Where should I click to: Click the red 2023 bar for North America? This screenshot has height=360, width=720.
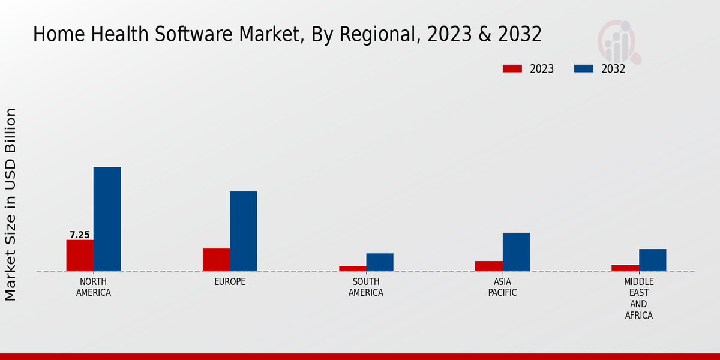tap(80, 256)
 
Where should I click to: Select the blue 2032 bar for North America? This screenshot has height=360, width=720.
tap(107, 219)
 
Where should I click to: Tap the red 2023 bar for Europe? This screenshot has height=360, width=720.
tap(216, 260)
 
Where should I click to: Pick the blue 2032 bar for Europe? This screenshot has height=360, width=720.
tap(244, 231)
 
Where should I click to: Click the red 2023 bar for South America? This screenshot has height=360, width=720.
tap(353, 268)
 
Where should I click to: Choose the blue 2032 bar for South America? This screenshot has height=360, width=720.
tap(380, 262)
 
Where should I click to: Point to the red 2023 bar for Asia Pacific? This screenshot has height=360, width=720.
tap(489, 266)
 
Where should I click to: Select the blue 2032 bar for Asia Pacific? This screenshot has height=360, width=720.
tap(516, 252)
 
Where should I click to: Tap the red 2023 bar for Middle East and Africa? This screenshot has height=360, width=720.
tap(625, 268)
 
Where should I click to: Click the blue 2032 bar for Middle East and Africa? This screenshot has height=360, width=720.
tap(653, 260)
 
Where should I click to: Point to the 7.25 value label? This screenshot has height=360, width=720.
tap(80, 235)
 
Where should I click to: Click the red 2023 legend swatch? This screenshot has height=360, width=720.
tap(512, 68)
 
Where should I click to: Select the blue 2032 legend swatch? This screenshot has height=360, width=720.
tap(584, 68)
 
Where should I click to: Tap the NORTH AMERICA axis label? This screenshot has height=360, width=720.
tap(94, 287)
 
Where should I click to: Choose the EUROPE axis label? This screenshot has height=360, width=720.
tap(230, 282)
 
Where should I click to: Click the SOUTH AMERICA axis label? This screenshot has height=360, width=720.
tap(366, 287)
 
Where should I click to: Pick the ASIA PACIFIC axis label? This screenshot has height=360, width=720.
tap(502, 287)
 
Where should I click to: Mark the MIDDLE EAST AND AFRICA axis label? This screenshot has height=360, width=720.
tap(639, 299)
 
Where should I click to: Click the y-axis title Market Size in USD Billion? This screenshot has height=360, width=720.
tap(11, 204)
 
